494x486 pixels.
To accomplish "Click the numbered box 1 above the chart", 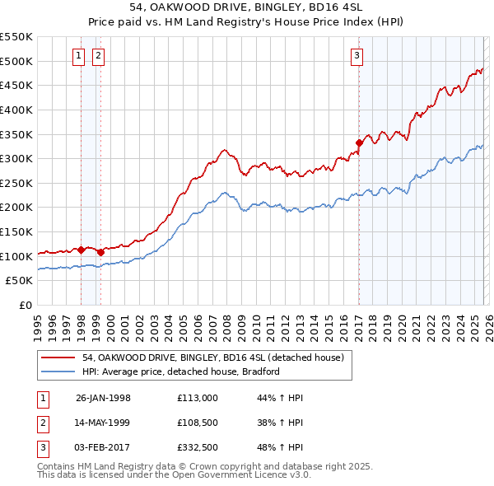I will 78,56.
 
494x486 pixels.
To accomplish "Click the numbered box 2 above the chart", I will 98,56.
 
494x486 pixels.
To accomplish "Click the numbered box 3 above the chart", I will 357,56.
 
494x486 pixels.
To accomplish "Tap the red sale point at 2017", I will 359,143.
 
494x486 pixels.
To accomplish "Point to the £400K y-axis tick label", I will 17,110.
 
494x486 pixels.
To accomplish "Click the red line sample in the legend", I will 58,357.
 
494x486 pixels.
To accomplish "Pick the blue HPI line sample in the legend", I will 58,372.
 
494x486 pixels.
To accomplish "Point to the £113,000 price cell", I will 198,398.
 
